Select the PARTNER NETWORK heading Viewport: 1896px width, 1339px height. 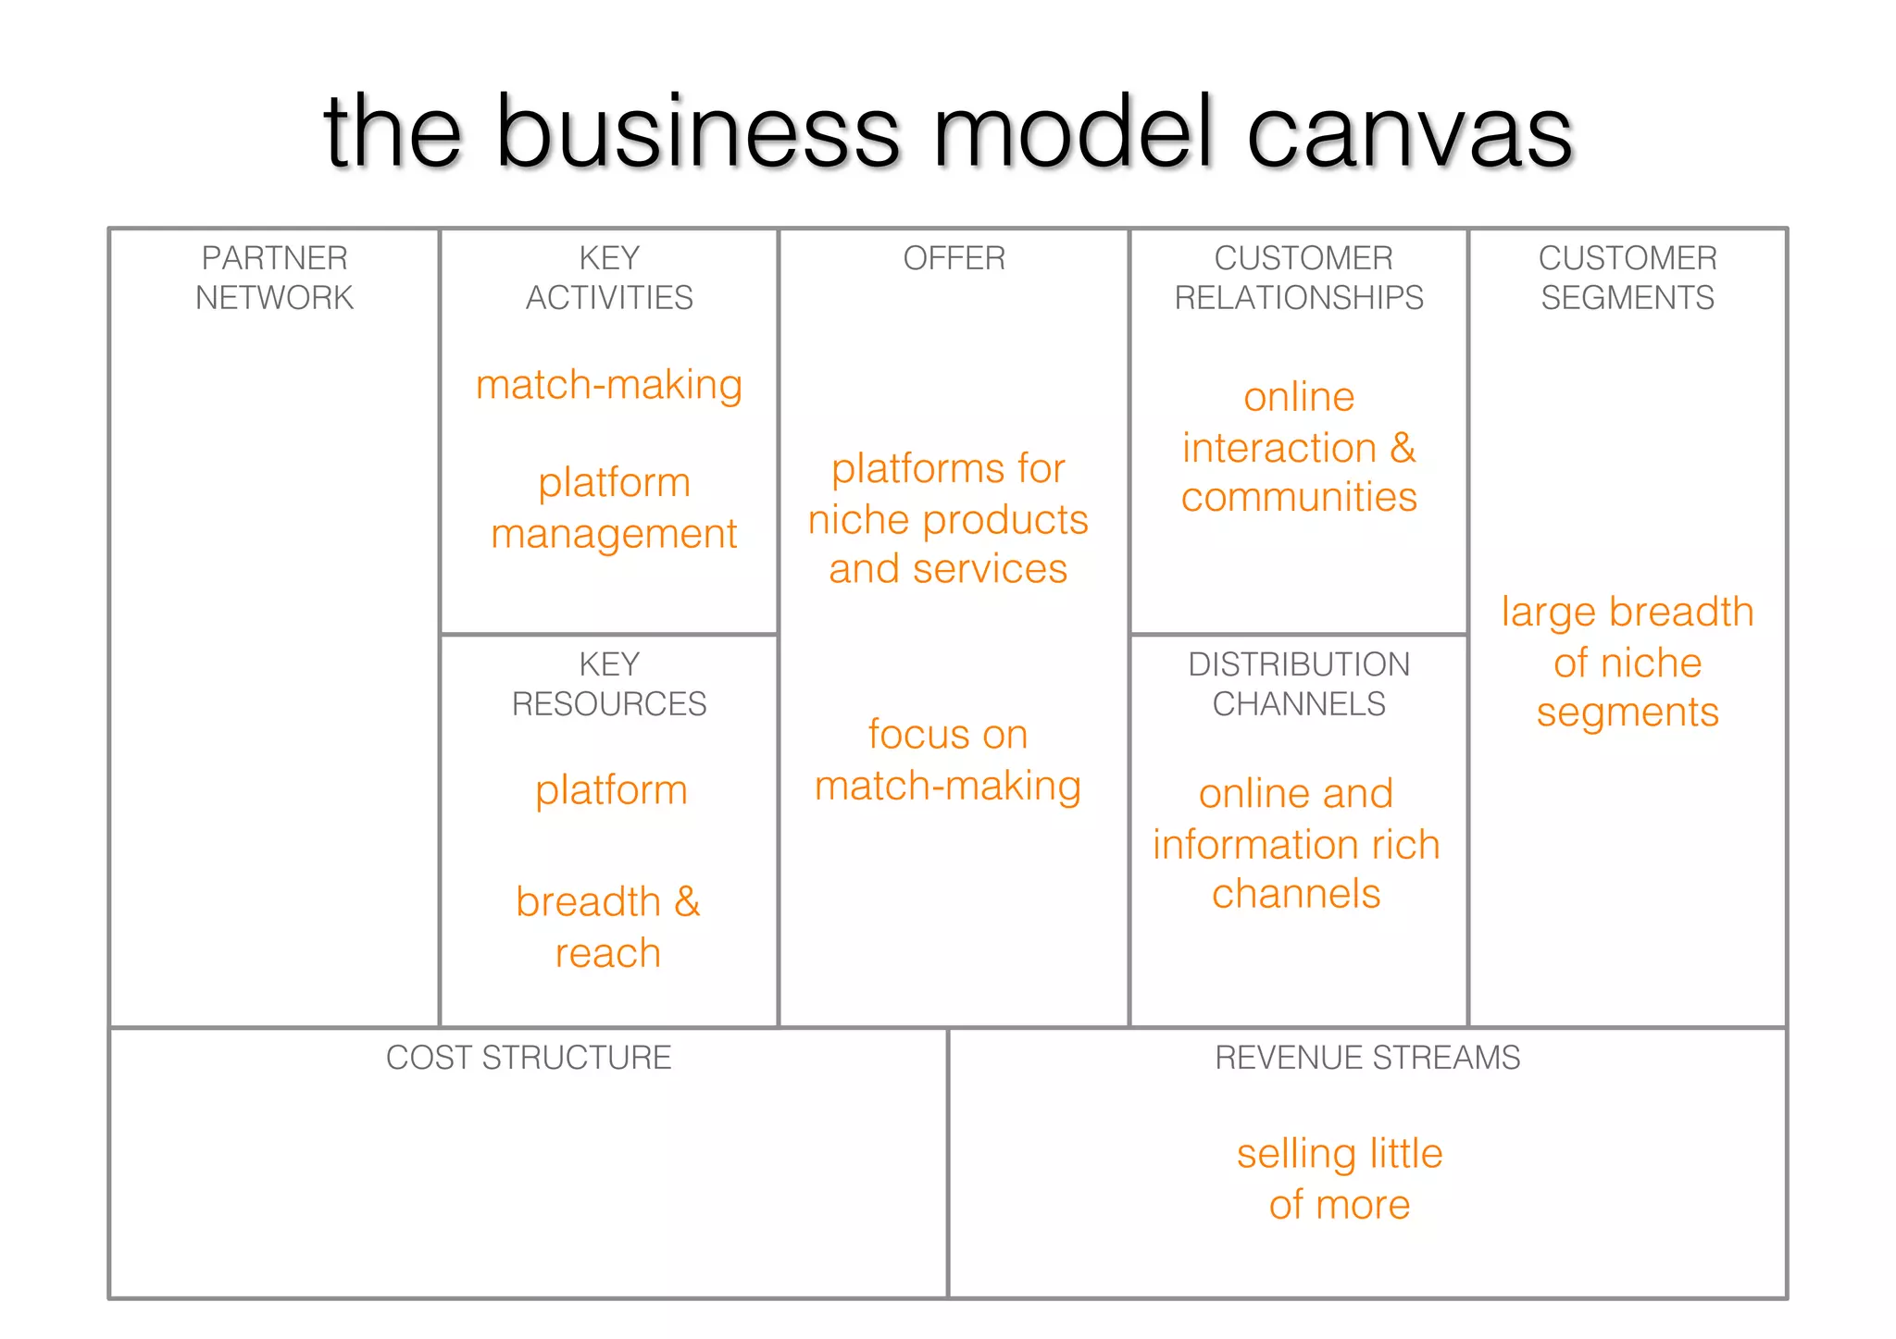[x=274, y=278]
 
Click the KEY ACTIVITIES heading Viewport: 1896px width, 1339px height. [x=609, y=278]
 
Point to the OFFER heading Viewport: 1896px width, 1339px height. [x=954, y=258]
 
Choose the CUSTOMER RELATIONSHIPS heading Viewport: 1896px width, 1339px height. [x=1299, y=278]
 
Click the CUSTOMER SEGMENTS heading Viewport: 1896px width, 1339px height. [x=1628, y=278]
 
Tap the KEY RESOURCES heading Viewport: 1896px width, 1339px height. [x=609, y=684]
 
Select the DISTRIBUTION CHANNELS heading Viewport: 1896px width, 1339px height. [x=1299, y=684]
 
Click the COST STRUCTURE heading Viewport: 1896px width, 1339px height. [x=529, y=1058]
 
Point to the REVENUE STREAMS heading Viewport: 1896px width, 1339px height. [x=1367, y=1058]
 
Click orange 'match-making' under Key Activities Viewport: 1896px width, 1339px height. [x=609, y=385]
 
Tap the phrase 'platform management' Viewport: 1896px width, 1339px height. [x=614, y=508]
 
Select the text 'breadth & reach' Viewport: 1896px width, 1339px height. [x=608, y=927]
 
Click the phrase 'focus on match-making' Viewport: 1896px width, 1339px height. [x=948, y=760]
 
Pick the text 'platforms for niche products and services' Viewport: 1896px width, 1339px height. [x=948, y=519]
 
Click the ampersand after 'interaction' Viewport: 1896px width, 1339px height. [x=1403, y=448]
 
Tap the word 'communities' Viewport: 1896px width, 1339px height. [x=1299, y=498]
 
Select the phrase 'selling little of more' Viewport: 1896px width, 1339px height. [x=1340, y=1179]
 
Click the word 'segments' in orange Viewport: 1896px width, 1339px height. [x=1628, y=713]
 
